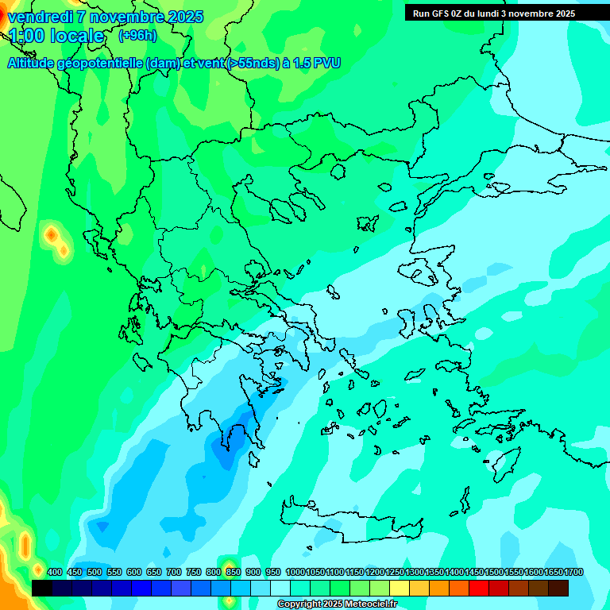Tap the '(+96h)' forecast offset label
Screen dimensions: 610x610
click(x=137, y=35)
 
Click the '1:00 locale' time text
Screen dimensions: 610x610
click(x=56, y=36)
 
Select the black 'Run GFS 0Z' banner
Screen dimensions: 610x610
click(x=493, y=13)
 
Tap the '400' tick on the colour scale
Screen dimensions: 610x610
click(x=55, y=572)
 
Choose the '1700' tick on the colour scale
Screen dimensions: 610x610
click(x=573, y=572)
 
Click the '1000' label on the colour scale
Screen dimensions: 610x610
click(x=295, y=572)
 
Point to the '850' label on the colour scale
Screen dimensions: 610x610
click(x=234, y=572)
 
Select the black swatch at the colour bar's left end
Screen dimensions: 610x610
click(x=42, y=588)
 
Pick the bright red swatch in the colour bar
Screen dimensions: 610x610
click(x=479, y=588)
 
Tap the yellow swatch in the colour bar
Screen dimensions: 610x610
click(x=400, y=588)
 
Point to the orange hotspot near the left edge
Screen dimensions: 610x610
click(x=52, y=235)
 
